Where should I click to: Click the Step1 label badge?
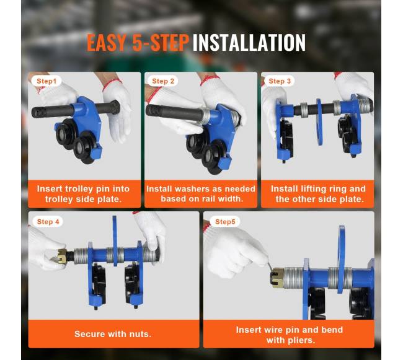click(46, 81)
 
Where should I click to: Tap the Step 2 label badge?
click(163, 81)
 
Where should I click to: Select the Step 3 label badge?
click(280, 81)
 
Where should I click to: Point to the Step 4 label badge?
click(48, 222)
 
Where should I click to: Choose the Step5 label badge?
click(225, 222)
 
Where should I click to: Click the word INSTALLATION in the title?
click(249, 43)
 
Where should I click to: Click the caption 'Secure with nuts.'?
click(113, 334)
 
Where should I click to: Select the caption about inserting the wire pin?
click(290, 335)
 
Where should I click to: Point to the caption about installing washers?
click(201, 194)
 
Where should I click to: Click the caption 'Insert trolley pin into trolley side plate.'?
click(83, 194)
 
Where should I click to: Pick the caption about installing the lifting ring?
click(318, 194)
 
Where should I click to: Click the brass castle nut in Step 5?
click(277, 278)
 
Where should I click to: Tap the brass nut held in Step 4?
click(61, 257)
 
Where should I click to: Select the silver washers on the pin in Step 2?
click(206, 116)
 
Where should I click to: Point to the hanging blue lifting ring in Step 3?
click(319, 122)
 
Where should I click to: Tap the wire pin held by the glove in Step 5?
click(270, 265)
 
